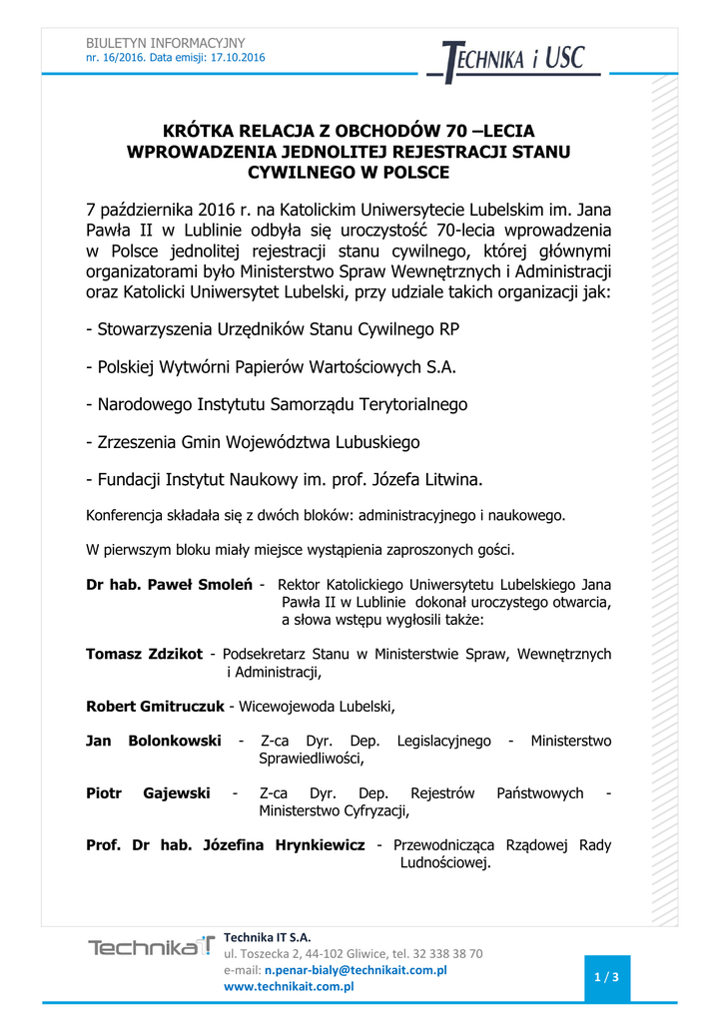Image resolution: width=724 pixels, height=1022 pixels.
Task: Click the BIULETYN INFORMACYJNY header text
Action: tap(165, 43)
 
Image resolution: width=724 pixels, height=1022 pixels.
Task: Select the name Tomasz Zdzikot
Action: tap(144, 654)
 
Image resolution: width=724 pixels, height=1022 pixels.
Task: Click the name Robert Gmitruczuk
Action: tap(155, 707)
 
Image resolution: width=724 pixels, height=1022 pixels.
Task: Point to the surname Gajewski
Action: tap(177, 793)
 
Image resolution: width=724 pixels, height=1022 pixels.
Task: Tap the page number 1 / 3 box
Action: tap(606, 977)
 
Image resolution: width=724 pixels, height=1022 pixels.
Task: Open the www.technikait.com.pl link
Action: tap(290, 986)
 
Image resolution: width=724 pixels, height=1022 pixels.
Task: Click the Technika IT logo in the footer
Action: tap(151, 947)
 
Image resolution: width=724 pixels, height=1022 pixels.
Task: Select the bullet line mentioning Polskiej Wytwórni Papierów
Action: tap(271, 367)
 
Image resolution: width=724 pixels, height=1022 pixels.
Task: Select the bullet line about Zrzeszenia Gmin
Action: tap(253, 442)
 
